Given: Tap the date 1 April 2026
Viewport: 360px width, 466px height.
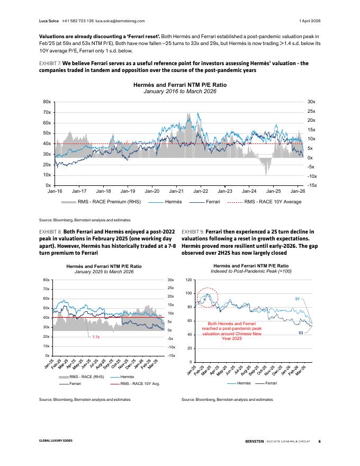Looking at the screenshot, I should pos(310,21).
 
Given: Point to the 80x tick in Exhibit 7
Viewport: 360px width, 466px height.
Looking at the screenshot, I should pos(47,102).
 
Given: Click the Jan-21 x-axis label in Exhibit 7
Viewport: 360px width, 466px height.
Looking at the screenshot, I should pos(176,191).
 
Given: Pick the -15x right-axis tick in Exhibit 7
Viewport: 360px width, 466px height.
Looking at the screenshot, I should pos(312,185).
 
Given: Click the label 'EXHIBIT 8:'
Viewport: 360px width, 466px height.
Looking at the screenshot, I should pos(50,231).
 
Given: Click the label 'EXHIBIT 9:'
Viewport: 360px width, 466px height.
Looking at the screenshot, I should pos(192,231).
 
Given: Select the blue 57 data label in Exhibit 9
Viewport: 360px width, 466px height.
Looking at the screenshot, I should pos(298,300).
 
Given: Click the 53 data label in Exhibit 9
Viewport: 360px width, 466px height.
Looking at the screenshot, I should pos(301,333).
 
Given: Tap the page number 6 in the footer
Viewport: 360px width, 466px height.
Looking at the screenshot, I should pos(319,441).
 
